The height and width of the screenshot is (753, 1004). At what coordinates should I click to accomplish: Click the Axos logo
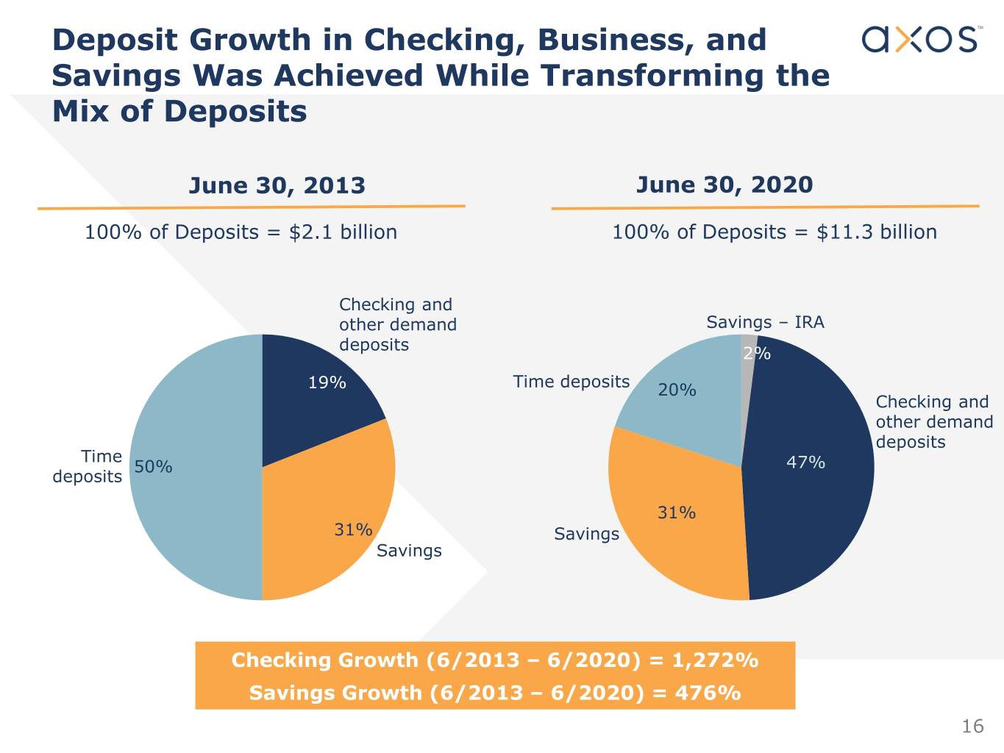tap(919, 39)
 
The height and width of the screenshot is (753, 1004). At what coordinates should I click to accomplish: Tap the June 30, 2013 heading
tap(277, 185)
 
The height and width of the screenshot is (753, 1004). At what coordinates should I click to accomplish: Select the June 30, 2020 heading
tap(724, 185)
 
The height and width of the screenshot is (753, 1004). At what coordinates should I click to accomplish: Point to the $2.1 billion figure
tap(343, 232)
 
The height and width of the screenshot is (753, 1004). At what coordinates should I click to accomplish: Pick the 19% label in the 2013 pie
tap(327, 382)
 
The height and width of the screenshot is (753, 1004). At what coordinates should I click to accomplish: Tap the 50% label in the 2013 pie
tap(153, 467)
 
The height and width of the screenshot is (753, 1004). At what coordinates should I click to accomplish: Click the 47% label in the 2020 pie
tap(805, 463)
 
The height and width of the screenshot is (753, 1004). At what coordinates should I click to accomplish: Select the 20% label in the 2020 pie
tap(677, 390)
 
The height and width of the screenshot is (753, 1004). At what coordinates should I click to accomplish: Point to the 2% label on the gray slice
tap(756, 354)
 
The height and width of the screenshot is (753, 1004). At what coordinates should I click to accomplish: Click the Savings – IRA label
tap(765, 322)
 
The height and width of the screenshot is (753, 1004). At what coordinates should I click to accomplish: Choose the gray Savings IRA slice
tap(747, 368)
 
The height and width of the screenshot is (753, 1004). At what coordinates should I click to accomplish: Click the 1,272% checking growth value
tap(715, 660)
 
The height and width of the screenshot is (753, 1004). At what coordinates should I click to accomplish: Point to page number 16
tap(972, 727)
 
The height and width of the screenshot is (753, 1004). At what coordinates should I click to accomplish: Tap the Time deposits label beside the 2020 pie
tap(571, 382)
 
